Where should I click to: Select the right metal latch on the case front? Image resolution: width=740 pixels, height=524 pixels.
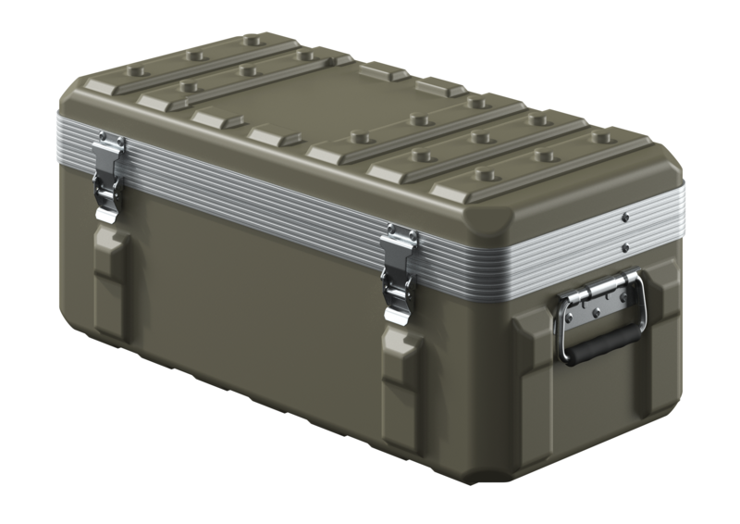tap(401, 272)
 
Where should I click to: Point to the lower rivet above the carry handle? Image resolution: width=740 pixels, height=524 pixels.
tap(626, 247)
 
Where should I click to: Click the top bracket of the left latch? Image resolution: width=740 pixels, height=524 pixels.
tap(110, 142)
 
